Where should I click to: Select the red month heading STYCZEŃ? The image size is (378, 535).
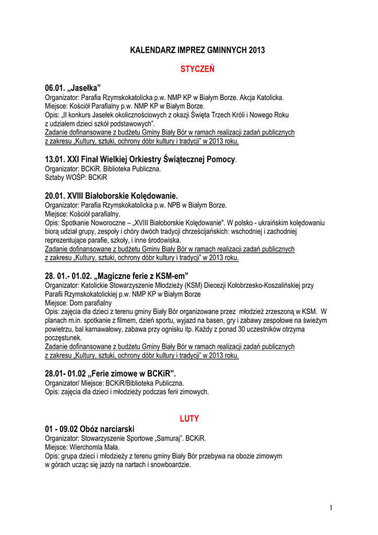point(197,69)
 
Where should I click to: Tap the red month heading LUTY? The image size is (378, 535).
point(190,418)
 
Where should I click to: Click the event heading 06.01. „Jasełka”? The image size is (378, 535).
point(73,87)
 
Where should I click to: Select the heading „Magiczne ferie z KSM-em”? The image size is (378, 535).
point(116,275)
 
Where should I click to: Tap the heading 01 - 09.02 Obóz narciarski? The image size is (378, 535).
point(90,429)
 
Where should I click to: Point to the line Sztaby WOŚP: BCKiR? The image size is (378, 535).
point(76,178)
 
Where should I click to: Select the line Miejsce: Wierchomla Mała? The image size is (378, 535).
point(82,447)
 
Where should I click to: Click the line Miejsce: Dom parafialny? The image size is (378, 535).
point(78,303)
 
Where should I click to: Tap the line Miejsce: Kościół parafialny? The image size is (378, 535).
point(82,214)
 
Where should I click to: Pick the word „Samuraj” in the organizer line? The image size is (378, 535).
point(172,438)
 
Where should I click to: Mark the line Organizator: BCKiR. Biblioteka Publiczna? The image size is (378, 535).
point(103,169)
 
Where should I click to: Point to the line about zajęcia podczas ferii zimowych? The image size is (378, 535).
point(127,391)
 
